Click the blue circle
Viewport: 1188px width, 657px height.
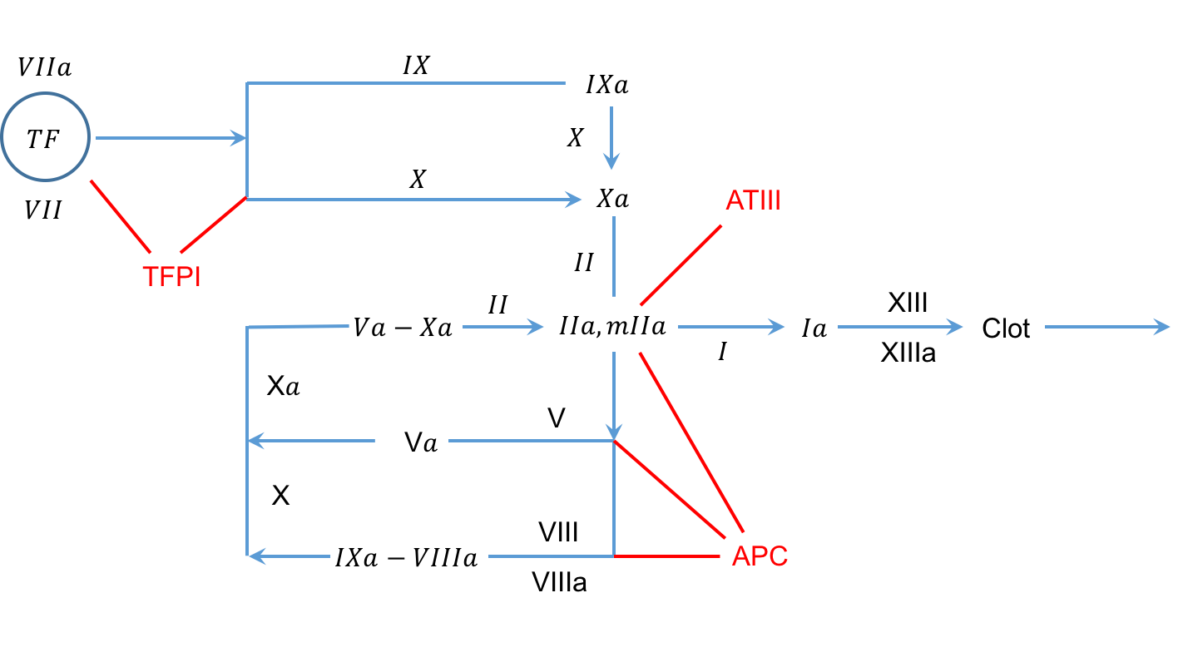pos(46,136)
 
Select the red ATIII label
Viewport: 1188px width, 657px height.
pos(753,201)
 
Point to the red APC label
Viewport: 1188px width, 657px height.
pos(760,556)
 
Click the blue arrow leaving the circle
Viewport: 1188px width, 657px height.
pos(171,138)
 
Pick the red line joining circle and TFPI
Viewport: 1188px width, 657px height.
pos(121,216)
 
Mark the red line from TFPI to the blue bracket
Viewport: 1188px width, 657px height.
pos(214,225)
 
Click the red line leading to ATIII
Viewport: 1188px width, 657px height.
pos(681,265)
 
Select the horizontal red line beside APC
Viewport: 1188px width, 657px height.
pos(666,556)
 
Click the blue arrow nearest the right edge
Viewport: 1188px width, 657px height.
pos(1107,327)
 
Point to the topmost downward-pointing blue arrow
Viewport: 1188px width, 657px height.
pos(611,138)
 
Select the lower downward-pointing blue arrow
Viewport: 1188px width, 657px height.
pos(614,395)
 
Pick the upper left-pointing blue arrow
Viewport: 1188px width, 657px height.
pos(311,441)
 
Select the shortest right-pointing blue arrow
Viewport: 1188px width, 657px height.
pos(502,327)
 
